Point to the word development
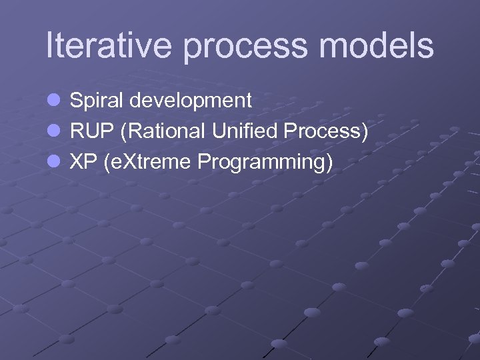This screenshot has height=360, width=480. pos(191,101)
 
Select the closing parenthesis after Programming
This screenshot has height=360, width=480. pos(329,163)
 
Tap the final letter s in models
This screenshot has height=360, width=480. pos(425,47)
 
